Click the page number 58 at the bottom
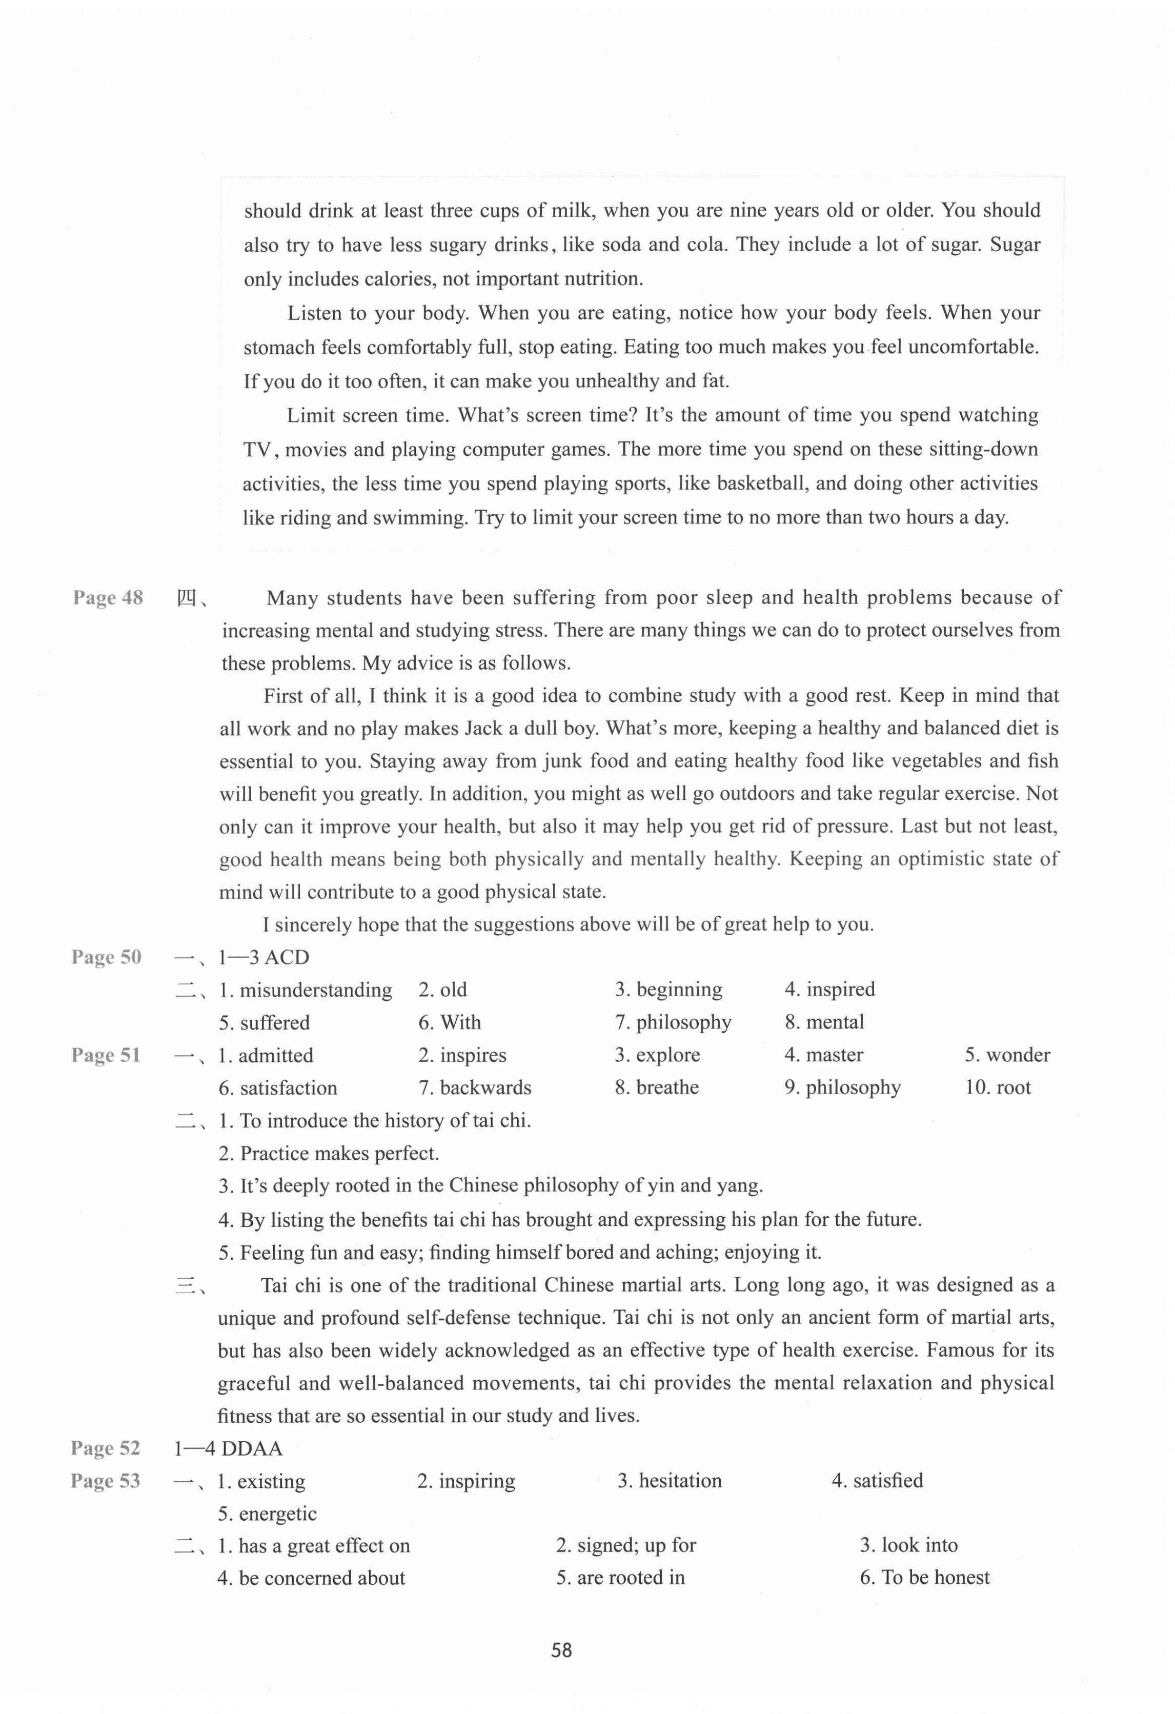click(x=561, y=1650)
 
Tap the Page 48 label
click(x=108, y=597)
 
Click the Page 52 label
click(x=106, y=1448)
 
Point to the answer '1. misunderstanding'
click(x=306, y=990)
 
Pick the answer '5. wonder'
click(x=1007, y=1055)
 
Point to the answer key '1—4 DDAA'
click(x=228, y=1448)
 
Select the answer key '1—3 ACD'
click(x=264, y=957)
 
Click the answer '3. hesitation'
click(x=669, y=1480)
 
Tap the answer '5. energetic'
click(x=267, y=1514)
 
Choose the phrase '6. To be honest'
click(x=924, y=1578)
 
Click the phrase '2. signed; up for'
click(x=625, y=1545)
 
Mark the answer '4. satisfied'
click(x=877, y=1480)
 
